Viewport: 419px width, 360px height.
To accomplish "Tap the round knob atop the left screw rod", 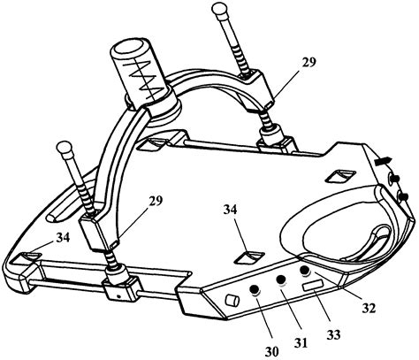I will coord(65,147).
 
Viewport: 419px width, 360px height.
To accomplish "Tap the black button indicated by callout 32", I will coord(304,272).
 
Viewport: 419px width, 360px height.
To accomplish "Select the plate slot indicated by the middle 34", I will coord(248,258).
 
